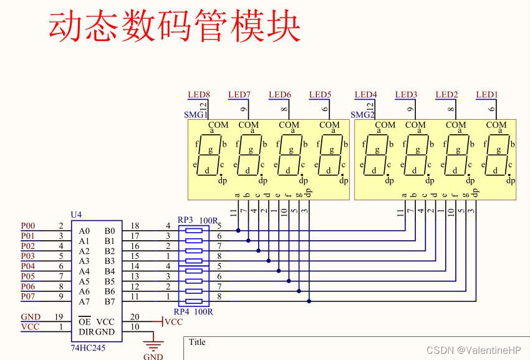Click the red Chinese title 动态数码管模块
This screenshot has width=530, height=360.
[x=175, y=26]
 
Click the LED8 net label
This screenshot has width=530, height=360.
[x=199, y=95]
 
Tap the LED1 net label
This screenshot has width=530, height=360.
[x=487, y=95]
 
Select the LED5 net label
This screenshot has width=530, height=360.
[x=320, y=95]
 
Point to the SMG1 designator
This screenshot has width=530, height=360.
[x=195, y=115]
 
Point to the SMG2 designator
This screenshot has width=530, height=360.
[x=361, y=115]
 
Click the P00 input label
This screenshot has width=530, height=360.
[x=28, y=226]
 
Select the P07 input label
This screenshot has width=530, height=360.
[x=28, y=296]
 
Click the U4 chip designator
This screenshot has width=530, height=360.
[x=76, y=215]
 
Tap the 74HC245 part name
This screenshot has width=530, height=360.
[x=88, y=348]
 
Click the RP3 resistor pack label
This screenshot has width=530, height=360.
[x=185, y=220]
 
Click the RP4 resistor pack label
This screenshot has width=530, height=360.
[x=181, y=311]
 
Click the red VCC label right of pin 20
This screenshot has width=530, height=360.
[x=173, y=322]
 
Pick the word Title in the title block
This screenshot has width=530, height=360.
[x=197, y=342]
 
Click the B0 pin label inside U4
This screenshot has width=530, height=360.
[x=109, y=231]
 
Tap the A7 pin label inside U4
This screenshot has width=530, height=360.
[x=84, y=302]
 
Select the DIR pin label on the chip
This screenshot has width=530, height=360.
[x=86, y=332]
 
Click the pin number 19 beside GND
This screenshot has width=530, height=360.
[x=60, y=317]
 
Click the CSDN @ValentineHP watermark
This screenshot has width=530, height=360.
[x=474, y=350]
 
